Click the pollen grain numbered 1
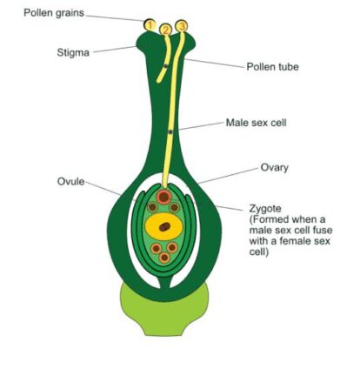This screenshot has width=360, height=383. click(x=150, y=25)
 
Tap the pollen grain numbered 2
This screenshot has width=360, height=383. click(x=166, y=30)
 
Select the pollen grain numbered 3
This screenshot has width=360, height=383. click(x=182, y=26)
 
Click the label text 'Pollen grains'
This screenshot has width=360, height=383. click(x=54, y=13)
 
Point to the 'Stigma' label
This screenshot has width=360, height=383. click(x=73, y=53)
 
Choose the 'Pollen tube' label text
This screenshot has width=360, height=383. click(x=272, y=67)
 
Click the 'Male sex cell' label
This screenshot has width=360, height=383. click(x=256, y=123)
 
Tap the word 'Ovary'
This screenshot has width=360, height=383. click(x=275, y=168)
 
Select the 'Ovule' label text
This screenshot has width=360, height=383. click(x=71, y=182)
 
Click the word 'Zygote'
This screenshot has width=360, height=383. click(x=265, y=209)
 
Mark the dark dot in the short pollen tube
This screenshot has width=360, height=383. click(x=165, y=66)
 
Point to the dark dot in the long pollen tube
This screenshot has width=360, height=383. click(x=170, y=132)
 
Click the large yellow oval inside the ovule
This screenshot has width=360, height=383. click(x=164, y=226)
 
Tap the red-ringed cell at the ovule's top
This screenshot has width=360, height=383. click(x=164, y=198)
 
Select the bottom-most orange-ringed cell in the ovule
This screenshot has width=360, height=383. click(x=164, y=258)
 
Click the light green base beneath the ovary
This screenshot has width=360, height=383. click(x=164, y=315)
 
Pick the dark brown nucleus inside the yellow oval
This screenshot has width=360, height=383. click(x=164, y=226)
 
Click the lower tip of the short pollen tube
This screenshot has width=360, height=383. click(x=158, y=82)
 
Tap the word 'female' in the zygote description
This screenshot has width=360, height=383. click(x=296, y=241)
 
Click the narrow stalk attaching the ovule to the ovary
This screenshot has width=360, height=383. click(x=164, y=282)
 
